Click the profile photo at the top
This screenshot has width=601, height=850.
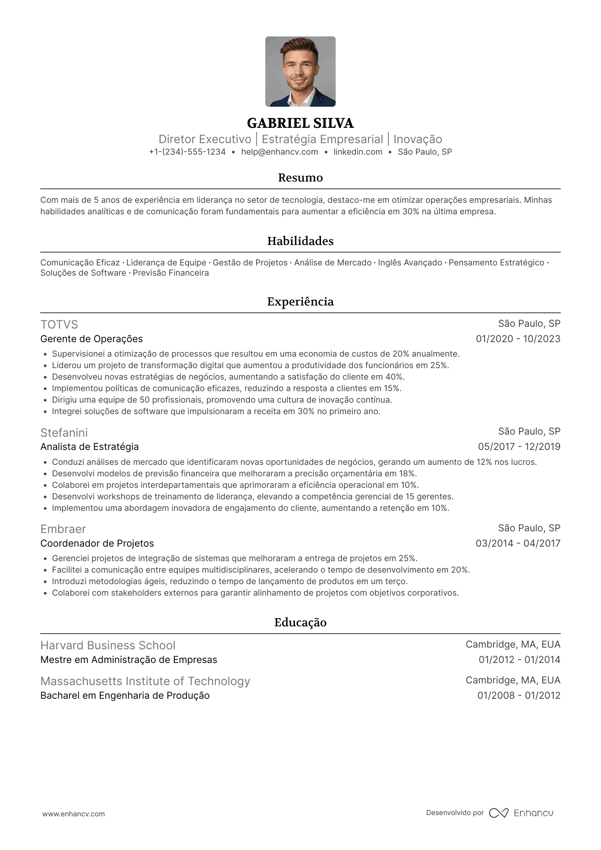pyautogui.click(x=300, y=72)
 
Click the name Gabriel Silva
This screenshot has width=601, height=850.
pyautogui.click(x=300, y=123)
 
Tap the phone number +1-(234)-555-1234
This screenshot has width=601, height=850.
pyautogui.click(x=187, y=152)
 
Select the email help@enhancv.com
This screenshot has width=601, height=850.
pyautogui.click(x=280, y=152)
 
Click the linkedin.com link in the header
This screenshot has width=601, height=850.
pyautogui.click(x=358, y=152)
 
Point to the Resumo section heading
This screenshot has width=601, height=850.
pyautogui.click(x=300, y=178)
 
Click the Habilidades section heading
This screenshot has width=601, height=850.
pyautogui.click(x=300, y=241)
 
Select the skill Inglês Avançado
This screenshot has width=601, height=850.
pyautogui.click(x=410, y=263)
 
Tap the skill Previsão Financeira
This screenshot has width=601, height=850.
pyautogui.click(x=170, y=273)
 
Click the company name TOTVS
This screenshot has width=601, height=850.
pyautogui.click(x=59, y=325)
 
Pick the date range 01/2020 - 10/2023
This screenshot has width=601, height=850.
pyautogui.click(x=518, y=339)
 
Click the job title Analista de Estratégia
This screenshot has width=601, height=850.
pyautogui.click(x=90, y=447)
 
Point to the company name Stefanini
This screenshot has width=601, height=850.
pyautogui.click(x=64, y=433)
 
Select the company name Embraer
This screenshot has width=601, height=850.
pyautogui.click(x=63, y=529)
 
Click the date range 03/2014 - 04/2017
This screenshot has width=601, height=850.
pyautogui.click(x=518, y=544)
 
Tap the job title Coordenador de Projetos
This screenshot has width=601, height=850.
pyautogui.click(x=97, y=544)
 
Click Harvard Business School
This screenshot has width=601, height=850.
pyautogui.click(x=108, y=645)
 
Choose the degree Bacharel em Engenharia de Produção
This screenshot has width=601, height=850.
pyautogui.click(x=125, y=696)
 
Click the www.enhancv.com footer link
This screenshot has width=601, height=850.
pyautogui.click(x=73, y=814)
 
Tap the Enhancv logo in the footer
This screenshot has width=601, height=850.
pyautogui.click(x=521, y=813)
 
